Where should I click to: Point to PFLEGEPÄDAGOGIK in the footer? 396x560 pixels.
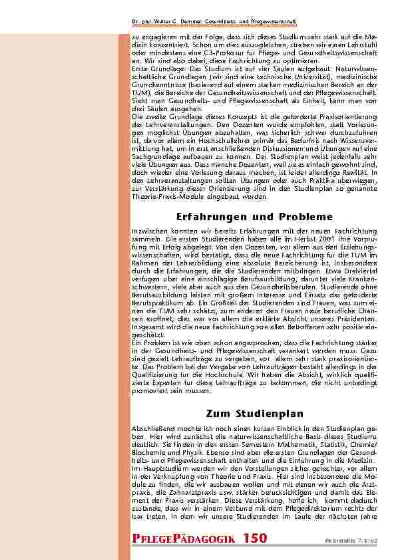184,537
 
